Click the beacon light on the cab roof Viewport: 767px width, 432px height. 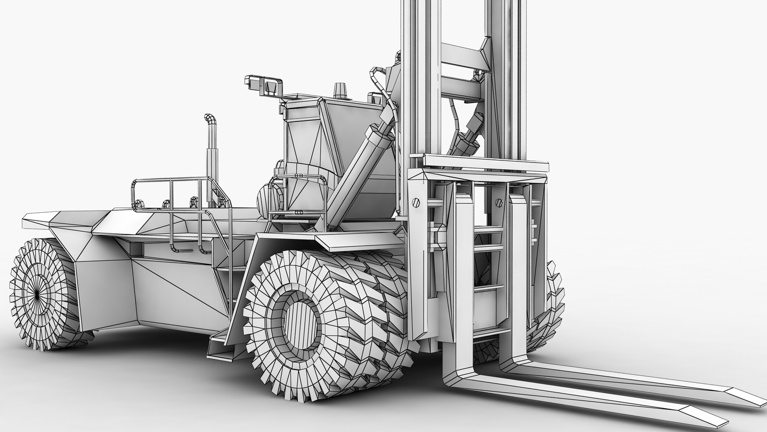[340, 91]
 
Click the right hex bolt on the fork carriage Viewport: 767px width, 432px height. [499, 203]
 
